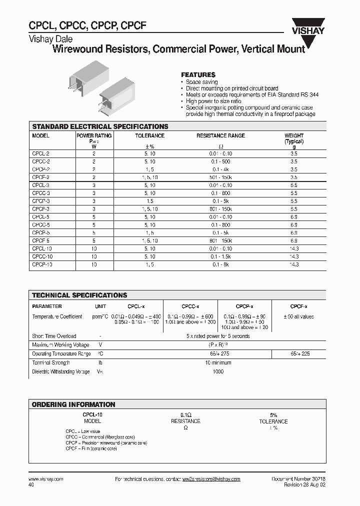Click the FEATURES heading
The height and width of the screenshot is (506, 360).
(198, 74)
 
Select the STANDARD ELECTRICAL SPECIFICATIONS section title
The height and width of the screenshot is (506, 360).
(100, 126)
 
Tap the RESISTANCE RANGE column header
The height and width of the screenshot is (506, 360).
(220, 135)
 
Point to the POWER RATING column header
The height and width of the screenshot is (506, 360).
(94, 135)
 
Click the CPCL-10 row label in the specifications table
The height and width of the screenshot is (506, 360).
(42, 248)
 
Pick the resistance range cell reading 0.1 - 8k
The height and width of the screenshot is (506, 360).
(220, 264)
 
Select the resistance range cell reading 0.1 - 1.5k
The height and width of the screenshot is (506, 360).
(220, 256)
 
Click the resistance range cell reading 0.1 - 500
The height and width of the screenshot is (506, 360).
(220, 161)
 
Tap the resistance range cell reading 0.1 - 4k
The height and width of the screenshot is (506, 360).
(220, 169)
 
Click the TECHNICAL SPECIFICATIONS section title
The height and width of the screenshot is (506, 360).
(79, 295)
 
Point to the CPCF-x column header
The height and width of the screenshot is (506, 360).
(298, 306)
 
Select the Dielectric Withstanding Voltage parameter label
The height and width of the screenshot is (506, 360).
(61, 371)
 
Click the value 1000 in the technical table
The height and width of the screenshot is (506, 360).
(218, 371)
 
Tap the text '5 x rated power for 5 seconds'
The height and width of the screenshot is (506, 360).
(218, 336)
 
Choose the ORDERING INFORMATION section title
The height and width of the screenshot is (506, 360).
(73, 404)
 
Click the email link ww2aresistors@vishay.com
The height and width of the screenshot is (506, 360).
(211, 479)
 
